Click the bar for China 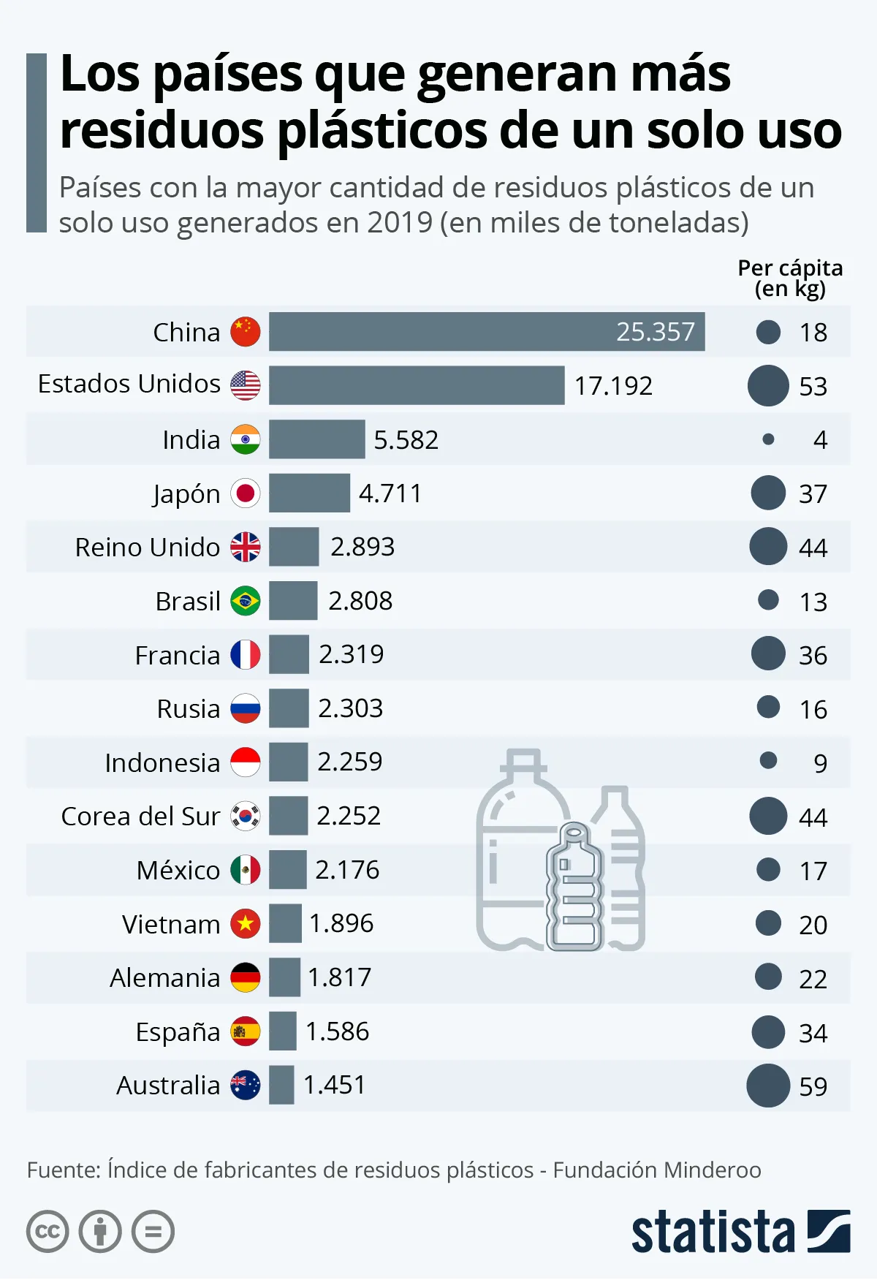(x=487, y=332)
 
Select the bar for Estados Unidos (x=417, y=385)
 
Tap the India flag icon (x=246, y=439)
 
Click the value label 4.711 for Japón (x=390, y=493)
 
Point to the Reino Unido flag (x=246, y=547)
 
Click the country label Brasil (x=188, y=601)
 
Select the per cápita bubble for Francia (x=768, y=654)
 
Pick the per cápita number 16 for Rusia (x=813, y=709)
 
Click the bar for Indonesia (x=288, y=762)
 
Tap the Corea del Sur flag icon (x=246, y=816)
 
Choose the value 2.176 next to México (x=347, y=870)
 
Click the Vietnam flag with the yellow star (x=246, y=924)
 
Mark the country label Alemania (x=165, y=978)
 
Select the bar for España (x=283, y=1031)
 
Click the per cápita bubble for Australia (x=768, y=1086)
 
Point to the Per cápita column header (x=790, y=279)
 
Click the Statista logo (x=740, y=1232)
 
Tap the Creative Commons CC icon (x=48, y=1232)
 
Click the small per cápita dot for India (x=768, y=439)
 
